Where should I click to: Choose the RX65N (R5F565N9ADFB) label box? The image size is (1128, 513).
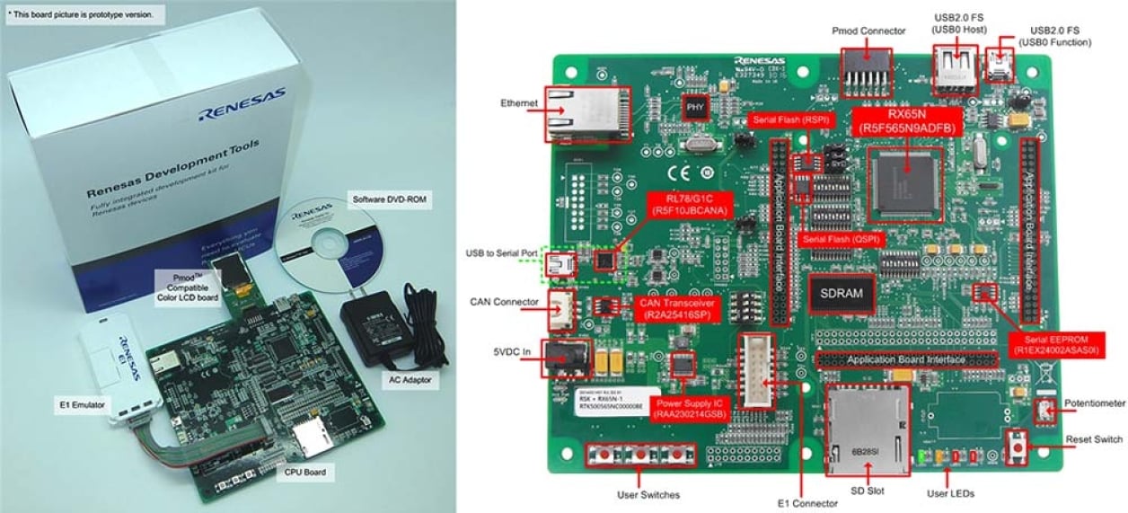[x=906, y=121]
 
